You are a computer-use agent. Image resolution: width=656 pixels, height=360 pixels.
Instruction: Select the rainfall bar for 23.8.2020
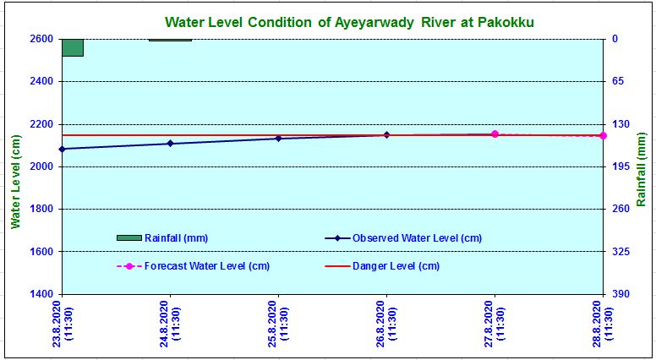tap(73, 47)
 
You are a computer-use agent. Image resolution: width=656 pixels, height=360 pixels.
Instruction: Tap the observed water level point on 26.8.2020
tap(386, 134)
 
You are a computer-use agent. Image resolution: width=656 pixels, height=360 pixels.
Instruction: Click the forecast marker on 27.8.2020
tap(495, 134)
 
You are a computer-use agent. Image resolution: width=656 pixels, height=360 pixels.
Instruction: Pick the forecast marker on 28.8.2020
tap(603, 135)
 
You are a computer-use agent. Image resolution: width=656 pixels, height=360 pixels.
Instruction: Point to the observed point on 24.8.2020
tap(170, 144)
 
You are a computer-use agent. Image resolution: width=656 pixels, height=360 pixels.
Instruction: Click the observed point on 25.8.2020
tap(278, 138)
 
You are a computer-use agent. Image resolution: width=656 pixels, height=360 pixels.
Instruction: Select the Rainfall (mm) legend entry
tap(161, 237)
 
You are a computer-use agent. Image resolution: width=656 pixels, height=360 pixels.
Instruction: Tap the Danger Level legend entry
tap(382, 266)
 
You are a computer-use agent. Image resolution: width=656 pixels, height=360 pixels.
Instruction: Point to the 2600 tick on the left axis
tap(40, 39)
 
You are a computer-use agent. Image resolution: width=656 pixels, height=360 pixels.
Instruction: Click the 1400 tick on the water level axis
tap(40, 294)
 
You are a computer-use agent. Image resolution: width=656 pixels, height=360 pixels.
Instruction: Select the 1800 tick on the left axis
tap(40, 209)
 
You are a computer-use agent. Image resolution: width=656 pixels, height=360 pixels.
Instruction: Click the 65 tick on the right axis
tap(617, 81)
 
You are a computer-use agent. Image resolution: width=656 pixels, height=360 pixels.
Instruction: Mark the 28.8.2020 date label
tap(603, 322)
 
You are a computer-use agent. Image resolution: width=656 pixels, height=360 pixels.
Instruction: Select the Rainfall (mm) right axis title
tap(642, 169)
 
